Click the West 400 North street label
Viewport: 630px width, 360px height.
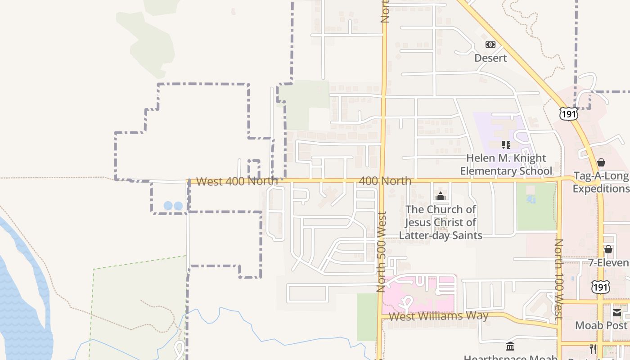point(237,181)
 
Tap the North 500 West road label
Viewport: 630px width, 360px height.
point(382,252)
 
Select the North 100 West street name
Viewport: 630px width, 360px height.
point(558,279)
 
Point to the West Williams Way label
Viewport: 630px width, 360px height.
point(438,316)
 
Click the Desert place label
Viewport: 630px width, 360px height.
point(490,58)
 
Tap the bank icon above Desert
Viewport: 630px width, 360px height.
point(490,45)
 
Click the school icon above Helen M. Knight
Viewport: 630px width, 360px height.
point(506,145)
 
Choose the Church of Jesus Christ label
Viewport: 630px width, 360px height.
point(441,222)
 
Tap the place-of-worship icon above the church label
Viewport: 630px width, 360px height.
point(441,196)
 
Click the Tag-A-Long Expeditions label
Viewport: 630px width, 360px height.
point(601,182)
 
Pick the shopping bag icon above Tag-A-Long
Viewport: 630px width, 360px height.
point(601,162)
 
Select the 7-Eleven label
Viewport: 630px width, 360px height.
point(609,263)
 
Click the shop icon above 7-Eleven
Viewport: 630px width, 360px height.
point(608,249)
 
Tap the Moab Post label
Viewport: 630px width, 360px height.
point(601,325)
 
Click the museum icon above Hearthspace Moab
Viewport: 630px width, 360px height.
point(510,346)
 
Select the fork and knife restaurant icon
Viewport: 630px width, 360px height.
point(593,349)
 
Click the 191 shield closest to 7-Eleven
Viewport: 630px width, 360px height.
point(601,287)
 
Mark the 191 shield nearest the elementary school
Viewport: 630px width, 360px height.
point(568,114)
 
